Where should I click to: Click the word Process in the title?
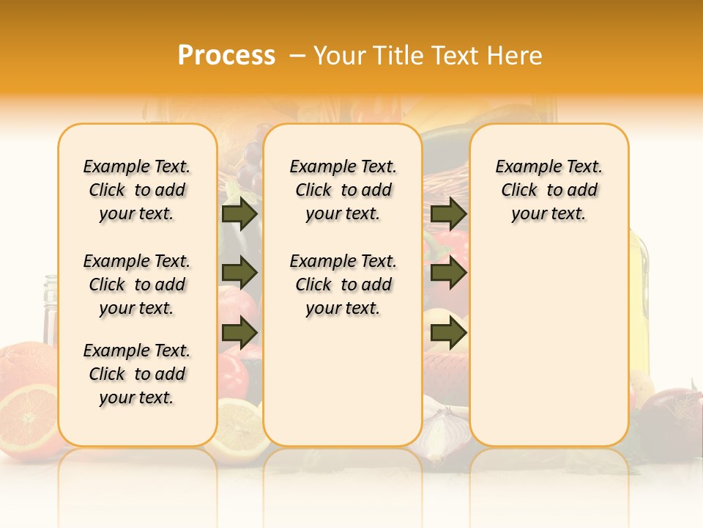[x=226, y=55]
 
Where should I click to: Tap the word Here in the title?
[x=516, y=56]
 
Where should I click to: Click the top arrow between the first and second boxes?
[x=239, y=214]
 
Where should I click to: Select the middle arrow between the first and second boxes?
[x=239, y=274]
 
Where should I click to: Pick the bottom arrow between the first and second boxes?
[x=239, y=333]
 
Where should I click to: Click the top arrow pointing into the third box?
[x=448, y=214]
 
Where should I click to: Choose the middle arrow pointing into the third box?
[x=448, y=274]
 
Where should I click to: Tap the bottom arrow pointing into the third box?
[x=448, y=333]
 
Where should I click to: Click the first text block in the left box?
[x=137, y=190]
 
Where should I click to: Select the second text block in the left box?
[x=137, y=285]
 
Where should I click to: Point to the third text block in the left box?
[x=137, y=374]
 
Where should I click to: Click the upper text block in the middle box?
[x=343, y=190]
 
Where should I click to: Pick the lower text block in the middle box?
[x=343, y=285]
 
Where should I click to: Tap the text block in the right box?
[x=548, y=190]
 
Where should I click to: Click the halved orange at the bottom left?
[x=28, y=418]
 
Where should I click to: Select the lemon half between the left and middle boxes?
[x=240, y=429]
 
